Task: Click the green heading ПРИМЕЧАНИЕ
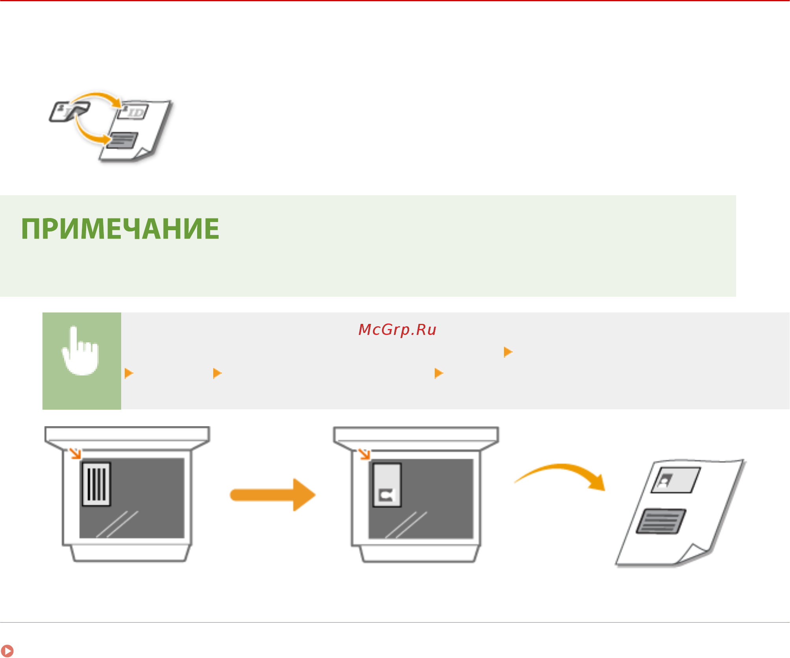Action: pos(120,229)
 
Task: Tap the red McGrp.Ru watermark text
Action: pos(397,330)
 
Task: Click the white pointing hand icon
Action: pos(80,350)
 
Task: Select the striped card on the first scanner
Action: pos(96,484)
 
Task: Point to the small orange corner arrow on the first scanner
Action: pos(75,454)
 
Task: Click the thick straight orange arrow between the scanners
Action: pos(273,495)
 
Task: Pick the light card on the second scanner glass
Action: pos(387,485)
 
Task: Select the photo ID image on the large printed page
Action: pos(676,480)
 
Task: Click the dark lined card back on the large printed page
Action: pos(661,521)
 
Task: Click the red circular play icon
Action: pos(7,651)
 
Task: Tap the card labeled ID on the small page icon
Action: pos(133,112)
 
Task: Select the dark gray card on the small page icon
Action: pos(122,140)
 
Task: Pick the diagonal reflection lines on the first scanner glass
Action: pos(117,524)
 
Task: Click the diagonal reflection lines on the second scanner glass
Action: pos(406,525)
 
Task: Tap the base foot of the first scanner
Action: pos(130,553)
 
